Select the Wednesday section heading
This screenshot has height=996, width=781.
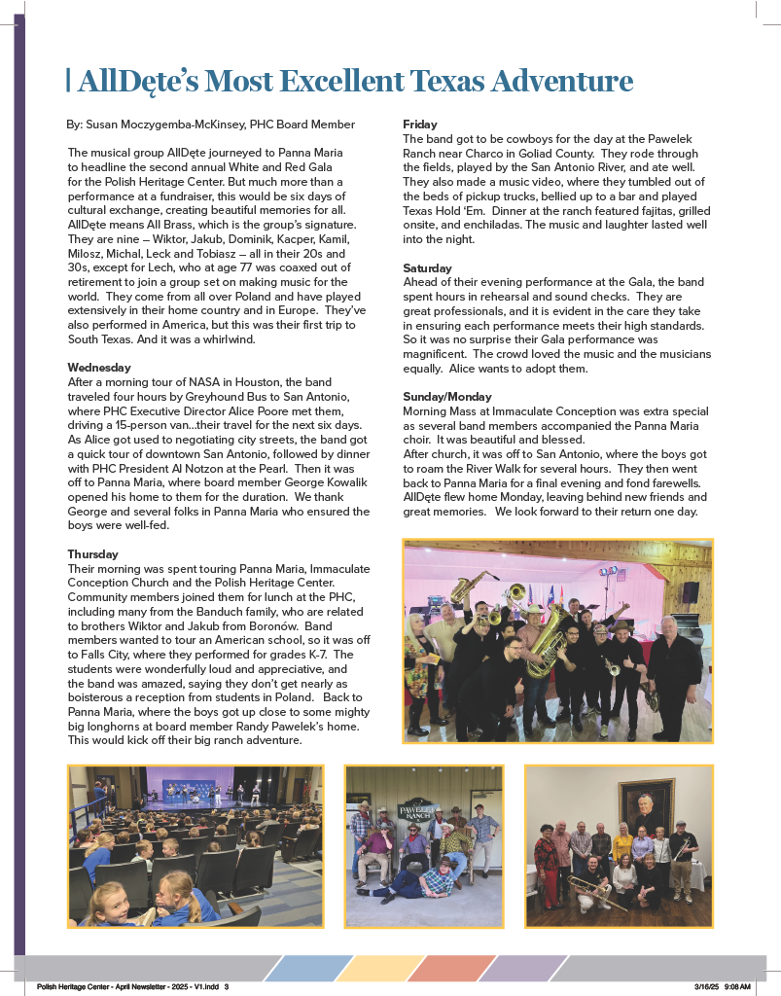(x=99, y=368)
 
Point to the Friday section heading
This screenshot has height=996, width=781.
(x=420, y=124)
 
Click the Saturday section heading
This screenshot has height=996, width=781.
(x=428, y=267)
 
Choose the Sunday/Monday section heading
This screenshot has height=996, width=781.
(x=447, y=397)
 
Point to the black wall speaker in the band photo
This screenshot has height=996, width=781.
(x=690, y=592)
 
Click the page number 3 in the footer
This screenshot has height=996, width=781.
(x=226, y=986)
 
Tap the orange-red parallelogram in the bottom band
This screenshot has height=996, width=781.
(x=452, y=968)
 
